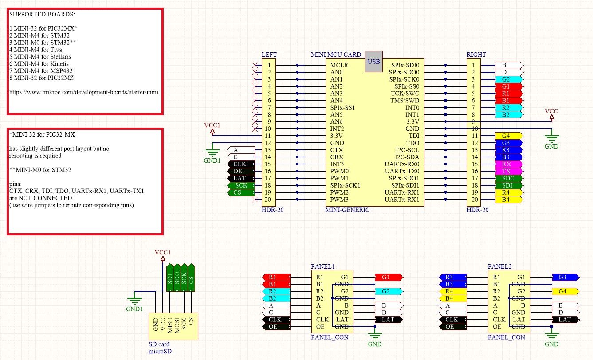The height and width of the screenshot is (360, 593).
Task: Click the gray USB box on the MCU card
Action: coord(374,62)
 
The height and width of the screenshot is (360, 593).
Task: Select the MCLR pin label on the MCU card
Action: coord(339,65)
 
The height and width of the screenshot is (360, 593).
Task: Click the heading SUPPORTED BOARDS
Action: coord(42,14)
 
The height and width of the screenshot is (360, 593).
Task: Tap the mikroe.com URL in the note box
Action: coord(84,92)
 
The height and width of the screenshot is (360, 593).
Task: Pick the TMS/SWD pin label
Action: coord(404,101)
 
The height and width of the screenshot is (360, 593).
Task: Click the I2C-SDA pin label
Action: coord(407,157)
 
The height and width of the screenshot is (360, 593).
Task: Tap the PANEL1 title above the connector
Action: coord(323,266)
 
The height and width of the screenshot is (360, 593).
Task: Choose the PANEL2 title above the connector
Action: coord(499,266)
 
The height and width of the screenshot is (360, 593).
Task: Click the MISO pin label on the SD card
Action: coord(170,325)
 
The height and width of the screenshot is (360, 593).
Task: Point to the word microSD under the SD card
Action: coord(160,352)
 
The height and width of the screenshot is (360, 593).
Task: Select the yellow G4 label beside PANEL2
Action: coord(566,291)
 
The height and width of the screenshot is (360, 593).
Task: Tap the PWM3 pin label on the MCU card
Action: coord(339,200)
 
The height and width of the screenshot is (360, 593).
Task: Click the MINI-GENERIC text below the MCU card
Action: coord(347,210)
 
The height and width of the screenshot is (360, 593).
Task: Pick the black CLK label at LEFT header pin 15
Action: coord(241,164)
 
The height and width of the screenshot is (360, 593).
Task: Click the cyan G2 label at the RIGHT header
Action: coord(509,79)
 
